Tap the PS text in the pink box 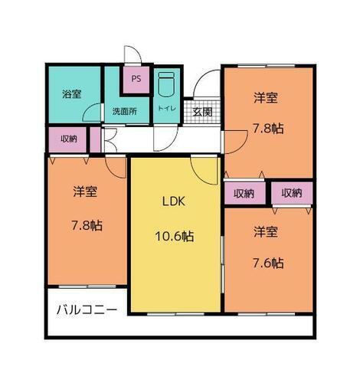pos(136,78)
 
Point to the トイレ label pos(167,109)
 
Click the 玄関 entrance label pos(202,111)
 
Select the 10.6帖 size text pos(176,236)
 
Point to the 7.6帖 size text pos(268,263)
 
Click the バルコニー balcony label pos(87,310)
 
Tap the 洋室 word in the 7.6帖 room pos(266,230)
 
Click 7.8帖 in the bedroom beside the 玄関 pos(268,129)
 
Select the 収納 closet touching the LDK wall pos(244,193)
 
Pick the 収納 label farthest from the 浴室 pos(292,193)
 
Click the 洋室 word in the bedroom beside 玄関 pos(266,97)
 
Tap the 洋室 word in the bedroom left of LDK pos(85,191)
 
